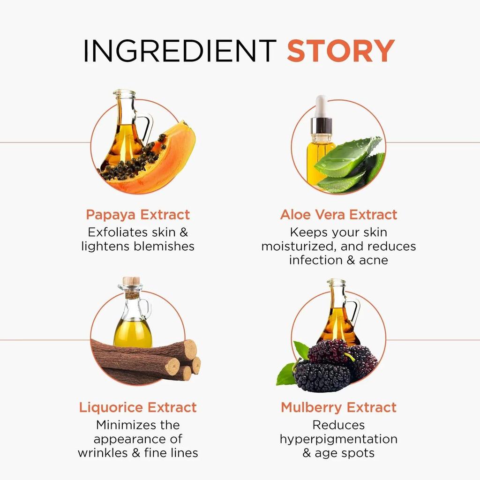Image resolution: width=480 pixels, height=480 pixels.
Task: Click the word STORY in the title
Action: click(x=341, y=51)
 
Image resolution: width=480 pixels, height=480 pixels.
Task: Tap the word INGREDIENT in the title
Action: click(x=180, y=51)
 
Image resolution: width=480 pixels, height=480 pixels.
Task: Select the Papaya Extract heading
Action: click(x=138, y=215)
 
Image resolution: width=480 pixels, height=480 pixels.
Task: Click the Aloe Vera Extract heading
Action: click(x=338, y=215)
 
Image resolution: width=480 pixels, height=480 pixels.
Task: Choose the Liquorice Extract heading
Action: click(x=138, y=407)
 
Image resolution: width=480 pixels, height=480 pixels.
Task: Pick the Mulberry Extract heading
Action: click(x=338, y=407)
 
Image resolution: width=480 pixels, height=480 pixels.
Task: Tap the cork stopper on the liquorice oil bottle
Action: click(x=131, y=281)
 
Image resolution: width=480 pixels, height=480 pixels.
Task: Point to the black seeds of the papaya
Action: click(x=135, y=162)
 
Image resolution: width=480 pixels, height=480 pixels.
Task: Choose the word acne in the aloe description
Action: click(x=374, y=261)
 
